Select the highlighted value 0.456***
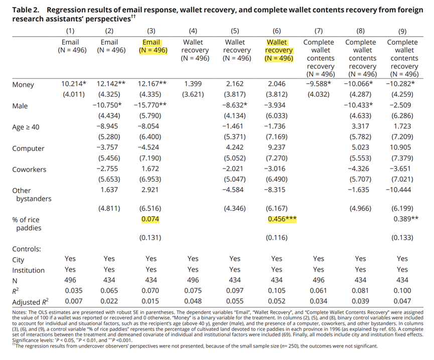pos(279,220)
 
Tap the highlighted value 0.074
pos(151,220)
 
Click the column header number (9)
pos(402,31)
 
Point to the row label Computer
pos(28,148)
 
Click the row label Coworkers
pos(30,169)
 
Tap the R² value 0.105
pos(277,291)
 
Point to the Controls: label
pos(27,248)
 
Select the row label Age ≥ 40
pos(26,127)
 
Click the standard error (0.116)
pos(277,238)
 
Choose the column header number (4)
pos(193,31)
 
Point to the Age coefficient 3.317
pos(360,127)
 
